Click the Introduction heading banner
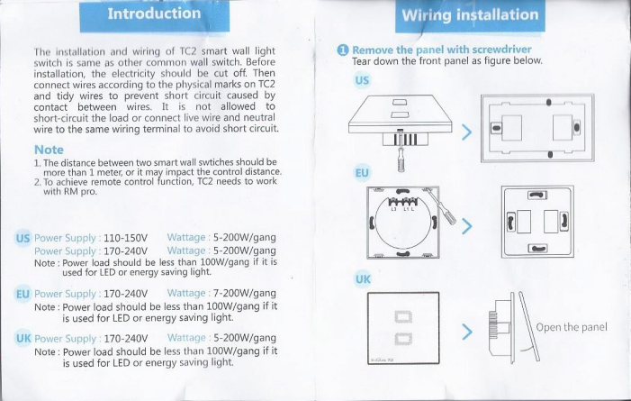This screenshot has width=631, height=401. click(155, 15)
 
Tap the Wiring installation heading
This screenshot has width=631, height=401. click(470, 15)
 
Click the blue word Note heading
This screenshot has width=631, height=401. click(49, 150)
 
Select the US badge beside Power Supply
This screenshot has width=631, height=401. click(23, 238)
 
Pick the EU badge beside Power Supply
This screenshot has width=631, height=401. click(23, 294)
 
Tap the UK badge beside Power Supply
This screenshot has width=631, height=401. click(23, 339)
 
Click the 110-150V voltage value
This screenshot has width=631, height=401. click(125, 238)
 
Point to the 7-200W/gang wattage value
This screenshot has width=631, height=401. click(245, 293)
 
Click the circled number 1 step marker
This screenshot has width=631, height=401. click(343, 50)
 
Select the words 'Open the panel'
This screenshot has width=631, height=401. click(572, 327)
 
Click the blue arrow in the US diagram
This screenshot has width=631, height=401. click(467, 132)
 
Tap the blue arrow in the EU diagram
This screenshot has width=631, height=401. click(467, 226)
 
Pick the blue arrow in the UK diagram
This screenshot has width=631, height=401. click(467, 332)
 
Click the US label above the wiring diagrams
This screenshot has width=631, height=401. click(362, 80)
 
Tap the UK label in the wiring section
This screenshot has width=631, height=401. click(363, 279)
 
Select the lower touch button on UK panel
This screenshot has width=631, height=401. click(403, 338)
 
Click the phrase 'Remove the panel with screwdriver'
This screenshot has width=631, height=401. click(442, 50)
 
